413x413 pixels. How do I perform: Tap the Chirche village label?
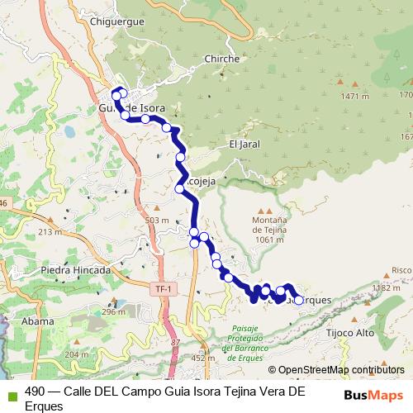(221, 59)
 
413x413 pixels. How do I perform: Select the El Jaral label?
(245, 144)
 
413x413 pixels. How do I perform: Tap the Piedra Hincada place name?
(75, 270)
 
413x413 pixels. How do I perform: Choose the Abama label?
(39, 320)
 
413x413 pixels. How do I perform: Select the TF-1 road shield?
(164, 288)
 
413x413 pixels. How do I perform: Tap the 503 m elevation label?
(156, 221)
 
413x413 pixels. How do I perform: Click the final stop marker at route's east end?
(299, 301)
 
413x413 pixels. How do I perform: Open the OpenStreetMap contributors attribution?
(340, 370)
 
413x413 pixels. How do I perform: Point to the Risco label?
(401, 270)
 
